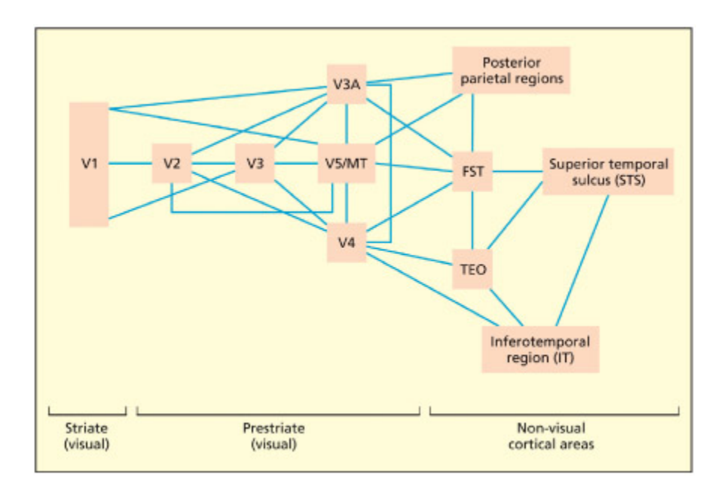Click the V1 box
(x=89, y=164)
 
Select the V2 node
(x=171, y=163)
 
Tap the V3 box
(x=254, y=163)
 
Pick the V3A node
(x=347, y=83)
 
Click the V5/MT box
(x=346, y=163)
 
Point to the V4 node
(x=347, y=243)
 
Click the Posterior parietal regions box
(x=511, y=70)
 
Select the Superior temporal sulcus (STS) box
(x=607, y=172)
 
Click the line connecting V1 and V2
(x=130, y=163)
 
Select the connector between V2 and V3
(x=213, y=163)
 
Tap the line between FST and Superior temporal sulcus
(x=518, y=172)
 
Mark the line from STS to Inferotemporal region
(x=583, y=260)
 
